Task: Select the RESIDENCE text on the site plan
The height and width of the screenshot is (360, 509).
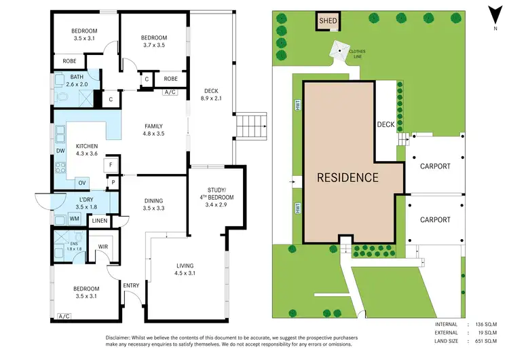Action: pos(347,178)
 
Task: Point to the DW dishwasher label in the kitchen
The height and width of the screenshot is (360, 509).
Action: pos(61,151)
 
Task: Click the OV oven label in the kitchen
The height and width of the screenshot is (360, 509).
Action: pos(81,182)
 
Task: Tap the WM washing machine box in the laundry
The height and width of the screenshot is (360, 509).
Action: pos(74,218)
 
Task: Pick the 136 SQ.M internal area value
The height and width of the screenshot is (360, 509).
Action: pos(485,325)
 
